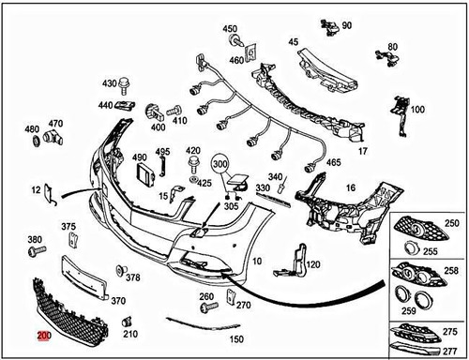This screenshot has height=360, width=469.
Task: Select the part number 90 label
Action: point(347,24)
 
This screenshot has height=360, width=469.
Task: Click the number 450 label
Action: point(230,29)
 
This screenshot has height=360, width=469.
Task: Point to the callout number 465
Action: point(333,162)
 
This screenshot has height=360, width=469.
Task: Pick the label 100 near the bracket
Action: point(416,110)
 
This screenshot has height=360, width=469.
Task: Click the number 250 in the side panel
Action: point(453,225)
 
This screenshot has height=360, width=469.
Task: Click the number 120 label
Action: point(313,264)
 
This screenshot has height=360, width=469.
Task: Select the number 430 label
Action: point(109,82)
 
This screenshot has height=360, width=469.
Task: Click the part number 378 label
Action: point(132,277)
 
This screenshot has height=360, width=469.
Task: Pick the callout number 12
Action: point(36,189)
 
